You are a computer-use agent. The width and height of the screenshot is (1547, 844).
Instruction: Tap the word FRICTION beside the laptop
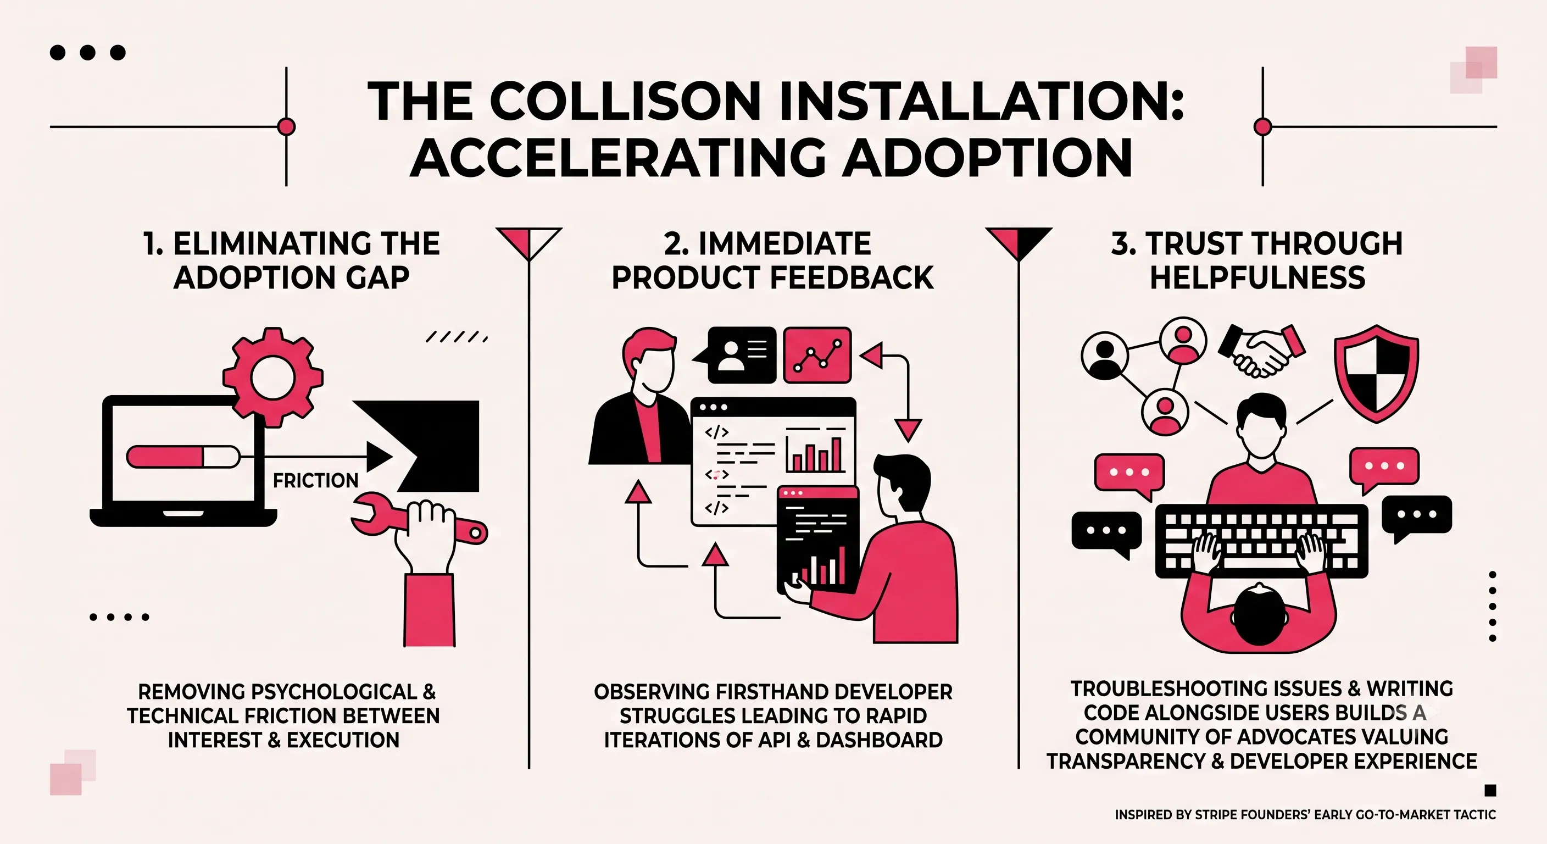[315, 481]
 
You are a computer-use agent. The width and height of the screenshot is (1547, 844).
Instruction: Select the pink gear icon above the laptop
[272, 377]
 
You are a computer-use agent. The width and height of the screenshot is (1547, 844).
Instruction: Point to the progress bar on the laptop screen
[182, 457]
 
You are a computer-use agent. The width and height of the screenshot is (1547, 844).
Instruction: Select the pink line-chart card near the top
[817, 355]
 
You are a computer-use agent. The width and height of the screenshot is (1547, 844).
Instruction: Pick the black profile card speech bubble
[735, 354]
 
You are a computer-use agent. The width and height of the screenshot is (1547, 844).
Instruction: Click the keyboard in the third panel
[1262, 541]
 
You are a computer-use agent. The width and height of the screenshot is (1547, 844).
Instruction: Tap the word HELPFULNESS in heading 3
[1257, 278]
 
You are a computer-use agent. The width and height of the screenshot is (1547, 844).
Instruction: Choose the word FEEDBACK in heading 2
[852, 278]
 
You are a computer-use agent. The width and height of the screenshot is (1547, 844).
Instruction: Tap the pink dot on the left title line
[286, 127]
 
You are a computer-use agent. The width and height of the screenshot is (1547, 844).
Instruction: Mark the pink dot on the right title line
[1263, 127]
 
